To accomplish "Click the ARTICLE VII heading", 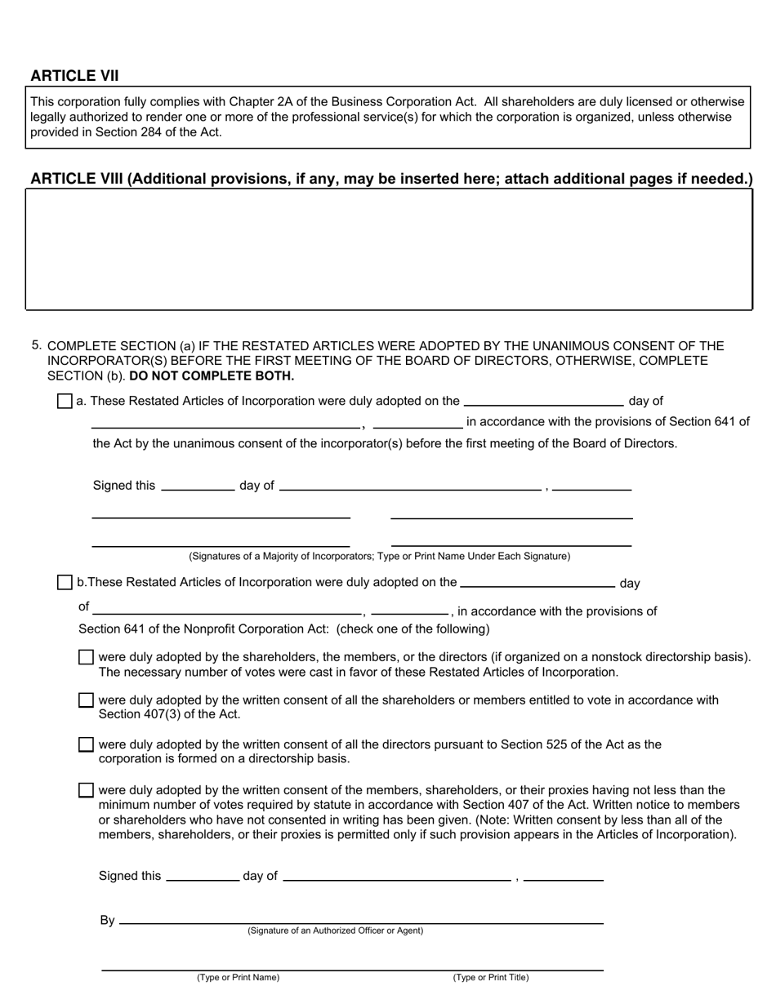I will [x=74, y=76].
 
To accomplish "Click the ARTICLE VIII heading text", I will [x=391, y=179].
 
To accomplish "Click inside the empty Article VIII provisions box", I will [x=389, y=249].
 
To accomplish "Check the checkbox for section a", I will [x=65, y=401].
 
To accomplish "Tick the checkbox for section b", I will [x=65, y=582].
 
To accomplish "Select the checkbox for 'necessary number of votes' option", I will [x=86, y=657].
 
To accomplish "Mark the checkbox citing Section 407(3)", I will [x=86, y=700].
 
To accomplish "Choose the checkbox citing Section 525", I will [x=86, y=744].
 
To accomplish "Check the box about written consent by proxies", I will [x=86, y=790].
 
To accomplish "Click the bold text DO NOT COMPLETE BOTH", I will [x=212, y=376].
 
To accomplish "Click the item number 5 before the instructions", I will [x=37, y=345].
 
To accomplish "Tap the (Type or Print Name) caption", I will [x=238, y=977].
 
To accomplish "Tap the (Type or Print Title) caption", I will [x=491, y=977].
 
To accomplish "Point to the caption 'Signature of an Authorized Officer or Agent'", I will [x=336, y=931].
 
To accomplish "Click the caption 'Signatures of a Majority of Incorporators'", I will [x=379, y=556].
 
